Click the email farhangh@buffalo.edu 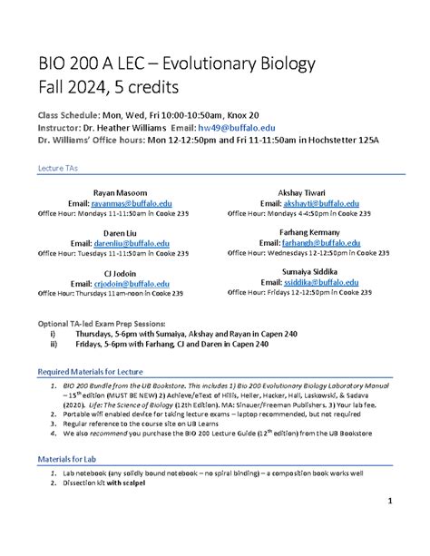313,244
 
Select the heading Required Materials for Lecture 89,372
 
